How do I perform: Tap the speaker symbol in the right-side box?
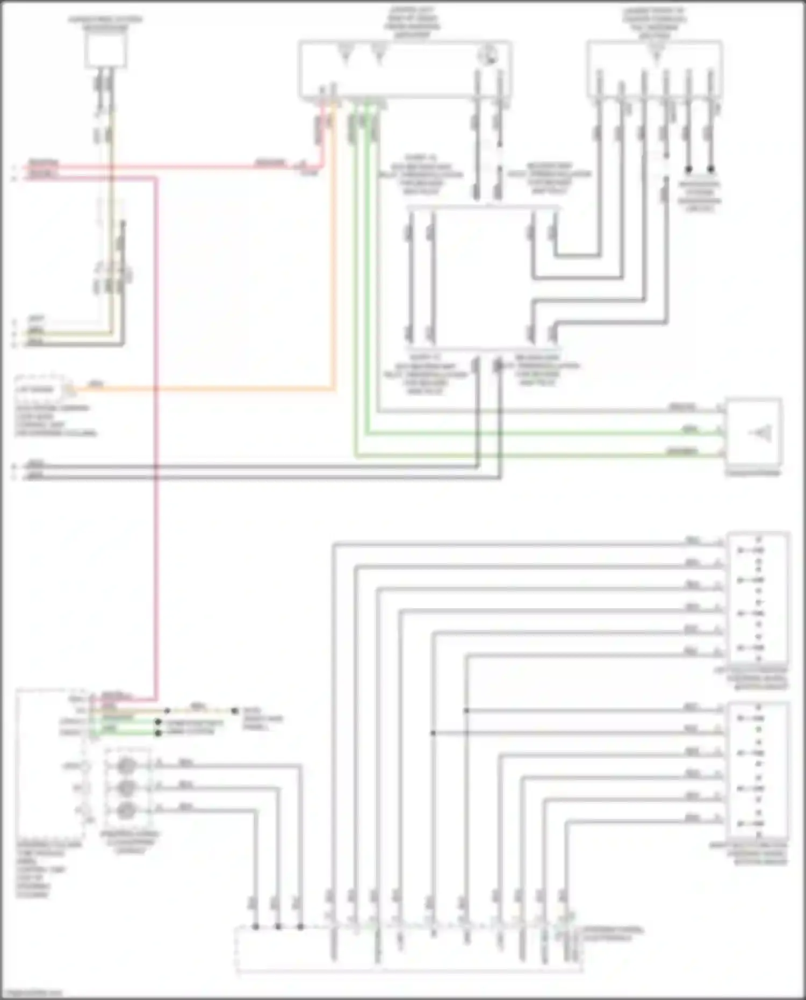coord(763,433)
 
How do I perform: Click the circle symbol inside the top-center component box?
coord(490,55)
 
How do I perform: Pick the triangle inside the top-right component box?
coord(656,54)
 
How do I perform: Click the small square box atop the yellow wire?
coord(106,52)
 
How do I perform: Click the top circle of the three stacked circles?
coord(126,765)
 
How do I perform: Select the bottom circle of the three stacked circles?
coord(126,809)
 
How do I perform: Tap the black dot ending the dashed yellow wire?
coord(235,710)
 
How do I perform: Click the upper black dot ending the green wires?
coord(158,723)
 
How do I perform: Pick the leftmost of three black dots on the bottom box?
coord(256,926)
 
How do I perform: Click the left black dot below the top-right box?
coord(688,169)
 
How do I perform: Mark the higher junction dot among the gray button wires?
coord(466,710)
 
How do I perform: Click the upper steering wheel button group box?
coord(758,598)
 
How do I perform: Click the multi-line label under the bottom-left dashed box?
coord(40,869)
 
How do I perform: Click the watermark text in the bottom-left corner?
coord(31,993)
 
